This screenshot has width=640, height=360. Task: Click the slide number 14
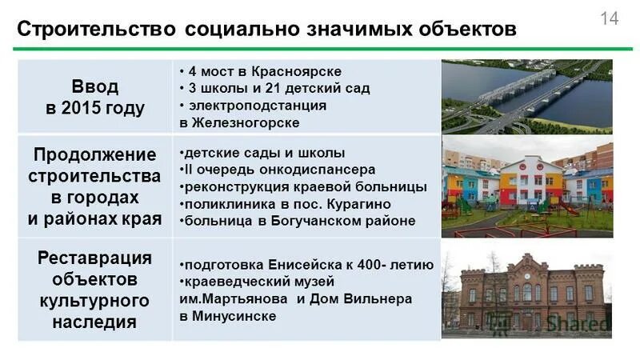click(610, 19)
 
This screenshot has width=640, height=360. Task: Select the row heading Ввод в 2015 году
click(95, 97)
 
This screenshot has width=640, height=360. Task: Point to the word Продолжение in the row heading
click(95, 153)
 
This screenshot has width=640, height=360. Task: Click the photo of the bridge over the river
click(526, 97)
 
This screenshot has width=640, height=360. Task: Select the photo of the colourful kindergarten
click(526, 186)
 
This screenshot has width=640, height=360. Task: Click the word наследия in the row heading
click(95, 322)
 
